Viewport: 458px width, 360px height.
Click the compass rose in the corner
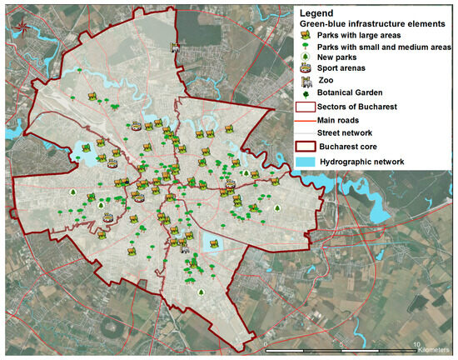(x=22, y=23)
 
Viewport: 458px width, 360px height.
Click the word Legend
(x=320, y=13)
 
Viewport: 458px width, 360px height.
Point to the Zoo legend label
(x=326, y=83)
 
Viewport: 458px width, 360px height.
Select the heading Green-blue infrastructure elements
(x=366, y=23)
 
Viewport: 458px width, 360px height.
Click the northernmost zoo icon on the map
(x=174, y=47)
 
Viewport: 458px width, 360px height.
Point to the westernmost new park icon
(x=73, y=192)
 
